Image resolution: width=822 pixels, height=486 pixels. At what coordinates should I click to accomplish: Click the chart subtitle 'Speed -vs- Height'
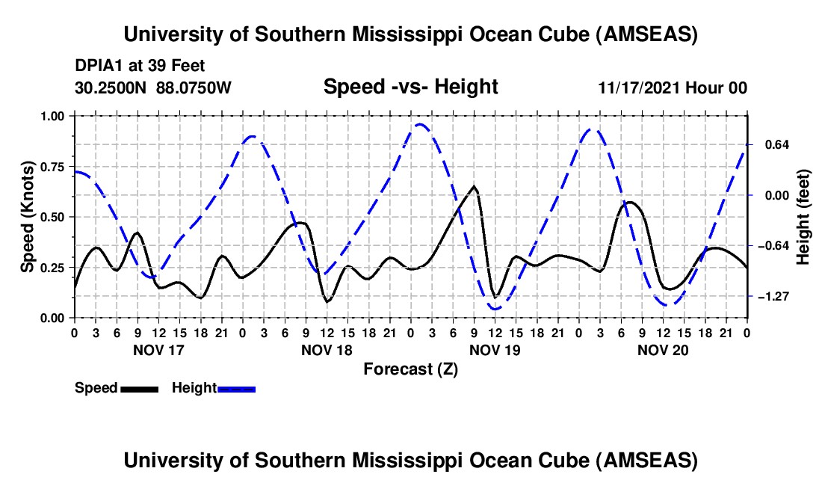tap(410, 87)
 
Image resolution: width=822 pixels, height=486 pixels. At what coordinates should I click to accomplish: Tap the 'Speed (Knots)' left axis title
tap(28, 217)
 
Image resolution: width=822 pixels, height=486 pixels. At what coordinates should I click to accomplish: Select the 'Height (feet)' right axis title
tap(803, 217)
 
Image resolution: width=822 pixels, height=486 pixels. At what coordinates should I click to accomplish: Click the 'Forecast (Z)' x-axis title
tap(410, 369)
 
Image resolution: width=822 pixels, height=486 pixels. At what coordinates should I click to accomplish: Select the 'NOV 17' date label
tap(158, 349)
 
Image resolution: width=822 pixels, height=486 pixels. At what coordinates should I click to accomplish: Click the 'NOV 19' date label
tap(495, 349)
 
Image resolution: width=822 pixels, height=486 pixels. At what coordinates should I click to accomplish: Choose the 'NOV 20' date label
tap(663, 349)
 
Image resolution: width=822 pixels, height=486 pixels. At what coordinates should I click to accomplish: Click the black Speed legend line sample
tap(139, 389)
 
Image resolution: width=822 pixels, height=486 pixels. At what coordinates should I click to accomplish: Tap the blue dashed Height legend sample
tap(237, 389)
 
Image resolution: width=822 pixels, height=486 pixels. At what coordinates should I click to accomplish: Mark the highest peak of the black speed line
tap(474, 186)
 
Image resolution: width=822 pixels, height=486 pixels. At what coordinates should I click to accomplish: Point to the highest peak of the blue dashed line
tap(420, 125)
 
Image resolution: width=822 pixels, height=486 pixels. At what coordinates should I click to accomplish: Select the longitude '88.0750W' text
tap(194, 87)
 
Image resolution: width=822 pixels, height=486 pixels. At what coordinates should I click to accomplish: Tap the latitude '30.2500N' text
tap(112, 87)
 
